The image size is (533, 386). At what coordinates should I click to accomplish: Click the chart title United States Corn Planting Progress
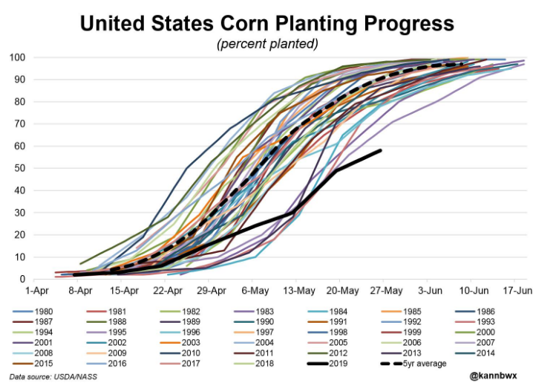click(266, 24)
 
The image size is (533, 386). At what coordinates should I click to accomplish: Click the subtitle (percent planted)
click(266, 45)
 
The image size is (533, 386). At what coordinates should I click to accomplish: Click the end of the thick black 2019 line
click(381, 150)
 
